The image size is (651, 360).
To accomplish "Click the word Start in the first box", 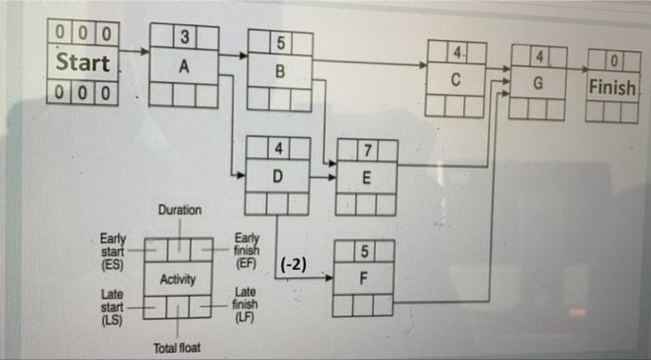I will [83, 64].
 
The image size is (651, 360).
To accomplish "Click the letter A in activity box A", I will [183, 67].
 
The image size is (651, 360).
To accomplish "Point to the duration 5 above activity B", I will [280, 42].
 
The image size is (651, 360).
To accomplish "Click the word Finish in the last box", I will [612, 89].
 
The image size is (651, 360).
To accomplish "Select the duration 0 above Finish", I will [613, 62].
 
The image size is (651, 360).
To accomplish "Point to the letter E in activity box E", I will [367, 177].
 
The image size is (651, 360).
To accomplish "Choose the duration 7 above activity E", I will [368, 150].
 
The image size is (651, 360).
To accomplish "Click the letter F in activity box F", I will [364, 277].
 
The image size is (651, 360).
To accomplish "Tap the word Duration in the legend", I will [179, 210].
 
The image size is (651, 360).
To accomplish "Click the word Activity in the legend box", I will [177, 279].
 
